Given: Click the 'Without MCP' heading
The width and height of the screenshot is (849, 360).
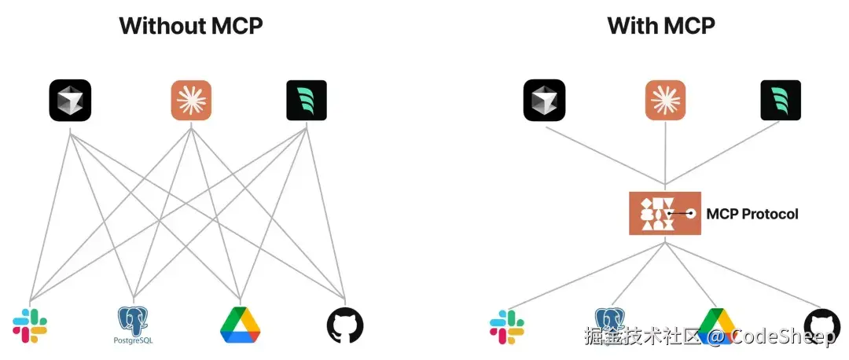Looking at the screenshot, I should point(190,25).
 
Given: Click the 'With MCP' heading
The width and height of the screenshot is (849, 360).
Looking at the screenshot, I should point(661,25).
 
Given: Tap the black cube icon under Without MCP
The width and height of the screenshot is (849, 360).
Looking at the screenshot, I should point(70,101).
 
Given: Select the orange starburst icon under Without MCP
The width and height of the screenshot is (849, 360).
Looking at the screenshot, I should point(191,101).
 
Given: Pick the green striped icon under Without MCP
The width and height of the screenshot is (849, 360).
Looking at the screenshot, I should point(306,101).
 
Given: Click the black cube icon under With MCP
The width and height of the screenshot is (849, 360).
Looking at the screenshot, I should point(544,101).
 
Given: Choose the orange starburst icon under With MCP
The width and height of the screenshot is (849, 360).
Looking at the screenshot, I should point(665,101).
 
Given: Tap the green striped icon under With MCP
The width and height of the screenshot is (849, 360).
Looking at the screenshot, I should point(780,101).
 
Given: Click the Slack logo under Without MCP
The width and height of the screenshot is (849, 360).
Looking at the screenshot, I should point(30,325).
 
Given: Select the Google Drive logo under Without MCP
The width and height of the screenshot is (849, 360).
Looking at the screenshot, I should point(240,325).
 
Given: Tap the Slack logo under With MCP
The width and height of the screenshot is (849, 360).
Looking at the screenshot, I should point(507,327).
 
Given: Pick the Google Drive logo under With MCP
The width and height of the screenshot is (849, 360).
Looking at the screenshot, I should point(716,325).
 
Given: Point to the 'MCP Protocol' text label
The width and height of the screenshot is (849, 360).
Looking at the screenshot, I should point(752,214).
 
